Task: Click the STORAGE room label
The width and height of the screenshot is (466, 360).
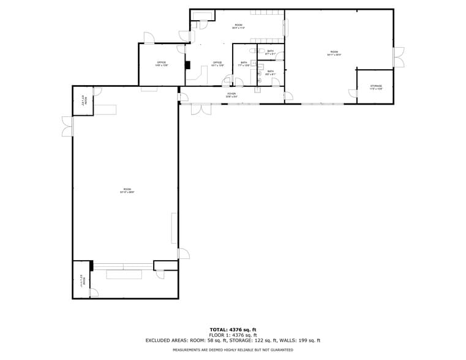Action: click(x=375, y=87)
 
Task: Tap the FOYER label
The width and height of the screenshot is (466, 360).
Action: click(x=231, y=95)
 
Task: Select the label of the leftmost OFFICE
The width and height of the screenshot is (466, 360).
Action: click(x=162, y=63)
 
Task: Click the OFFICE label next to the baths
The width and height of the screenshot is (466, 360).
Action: click(x=217, y=63)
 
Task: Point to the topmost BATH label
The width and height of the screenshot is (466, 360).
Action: click(x=270, y=52)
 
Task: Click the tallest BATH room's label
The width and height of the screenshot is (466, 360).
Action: click(x=244, y=64)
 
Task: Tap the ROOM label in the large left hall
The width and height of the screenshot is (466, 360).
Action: click(x=127, y=190)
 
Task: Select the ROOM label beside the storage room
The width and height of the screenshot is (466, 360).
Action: click(x=334, y=53)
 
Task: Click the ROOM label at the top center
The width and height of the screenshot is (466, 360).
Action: click(x=238, y=26)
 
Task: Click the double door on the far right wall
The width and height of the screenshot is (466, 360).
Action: click(x=398, y=57)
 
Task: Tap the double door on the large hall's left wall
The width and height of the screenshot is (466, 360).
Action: click(x=67, y=126)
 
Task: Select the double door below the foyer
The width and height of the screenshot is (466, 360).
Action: click(x=201, y=109)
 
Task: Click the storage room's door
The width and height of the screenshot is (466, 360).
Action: click(x=353, y=93)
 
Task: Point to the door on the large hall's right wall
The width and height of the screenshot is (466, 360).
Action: click(x=183, y=253)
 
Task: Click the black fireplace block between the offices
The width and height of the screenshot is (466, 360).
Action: click(x=188, y=65)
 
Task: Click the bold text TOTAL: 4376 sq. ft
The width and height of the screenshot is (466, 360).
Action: click(x=233, y=330)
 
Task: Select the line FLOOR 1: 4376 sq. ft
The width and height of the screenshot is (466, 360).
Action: click(x=233, y=335)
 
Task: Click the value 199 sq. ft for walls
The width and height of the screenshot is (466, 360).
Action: click(x=308, y=340)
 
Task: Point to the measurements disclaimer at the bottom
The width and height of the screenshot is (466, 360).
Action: click(x=233, y=350)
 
